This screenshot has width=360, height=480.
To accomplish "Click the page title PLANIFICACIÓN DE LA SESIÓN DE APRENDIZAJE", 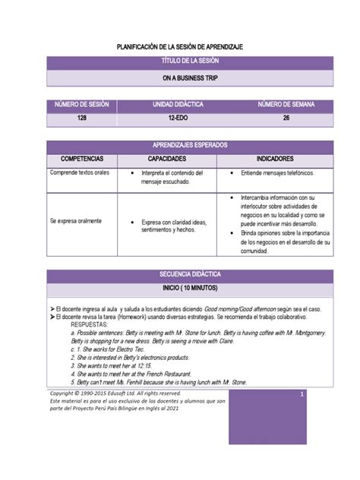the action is [179, 47].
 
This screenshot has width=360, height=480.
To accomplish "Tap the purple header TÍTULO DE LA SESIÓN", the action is [179, 62].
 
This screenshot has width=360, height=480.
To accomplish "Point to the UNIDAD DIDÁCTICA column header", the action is [179, 104].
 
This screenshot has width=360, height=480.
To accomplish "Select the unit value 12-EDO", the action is [179, 119].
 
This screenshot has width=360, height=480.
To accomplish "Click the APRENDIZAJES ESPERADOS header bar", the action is [179, 145].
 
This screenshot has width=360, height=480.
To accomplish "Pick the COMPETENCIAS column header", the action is [81, 159].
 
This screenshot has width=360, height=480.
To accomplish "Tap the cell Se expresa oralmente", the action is [75, 220].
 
